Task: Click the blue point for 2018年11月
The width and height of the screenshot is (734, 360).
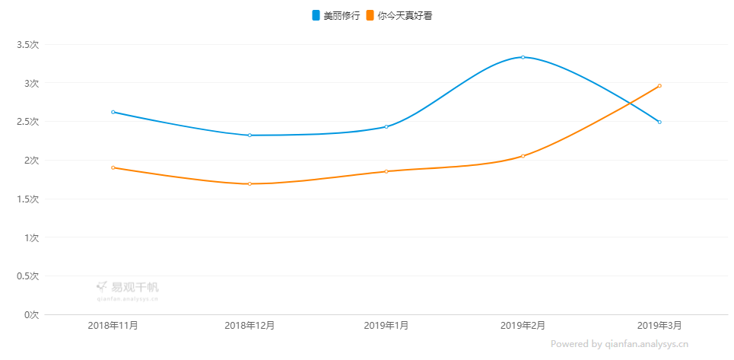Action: click(113, 112)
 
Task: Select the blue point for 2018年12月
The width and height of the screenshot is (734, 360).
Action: click(249, 135)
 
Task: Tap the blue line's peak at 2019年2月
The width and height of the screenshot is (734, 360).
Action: click(523, 57)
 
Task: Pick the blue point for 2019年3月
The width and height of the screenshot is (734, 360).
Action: click(659, 122)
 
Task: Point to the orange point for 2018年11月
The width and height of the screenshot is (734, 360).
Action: click(113, 167)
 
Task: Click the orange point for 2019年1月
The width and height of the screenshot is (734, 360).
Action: click(386, 171)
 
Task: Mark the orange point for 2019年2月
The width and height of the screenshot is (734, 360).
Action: click(523, 156)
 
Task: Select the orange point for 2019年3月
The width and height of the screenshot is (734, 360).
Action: click(659, 86)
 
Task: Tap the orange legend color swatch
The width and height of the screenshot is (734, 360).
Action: click(370, 15)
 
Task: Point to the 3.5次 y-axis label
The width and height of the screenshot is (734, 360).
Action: click(27, 44)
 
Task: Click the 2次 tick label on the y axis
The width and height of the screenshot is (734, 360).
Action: click(30, 160)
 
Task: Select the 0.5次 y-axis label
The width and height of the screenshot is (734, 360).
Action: click(27, 276)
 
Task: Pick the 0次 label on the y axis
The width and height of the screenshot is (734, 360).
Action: click(30, 314)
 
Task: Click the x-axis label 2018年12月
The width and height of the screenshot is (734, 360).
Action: click(249, 326)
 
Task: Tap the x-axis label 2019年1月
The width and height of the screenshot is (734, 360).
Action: click(386, 326)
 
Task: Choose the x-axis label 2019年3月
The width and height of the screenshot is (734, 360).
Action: click(659, 326)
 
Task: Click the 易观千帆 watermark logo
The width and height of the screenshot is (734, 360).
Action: click(128, 288)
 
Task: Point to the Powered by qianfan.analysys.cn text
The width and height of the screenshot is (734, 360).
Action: click(619, 344)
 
